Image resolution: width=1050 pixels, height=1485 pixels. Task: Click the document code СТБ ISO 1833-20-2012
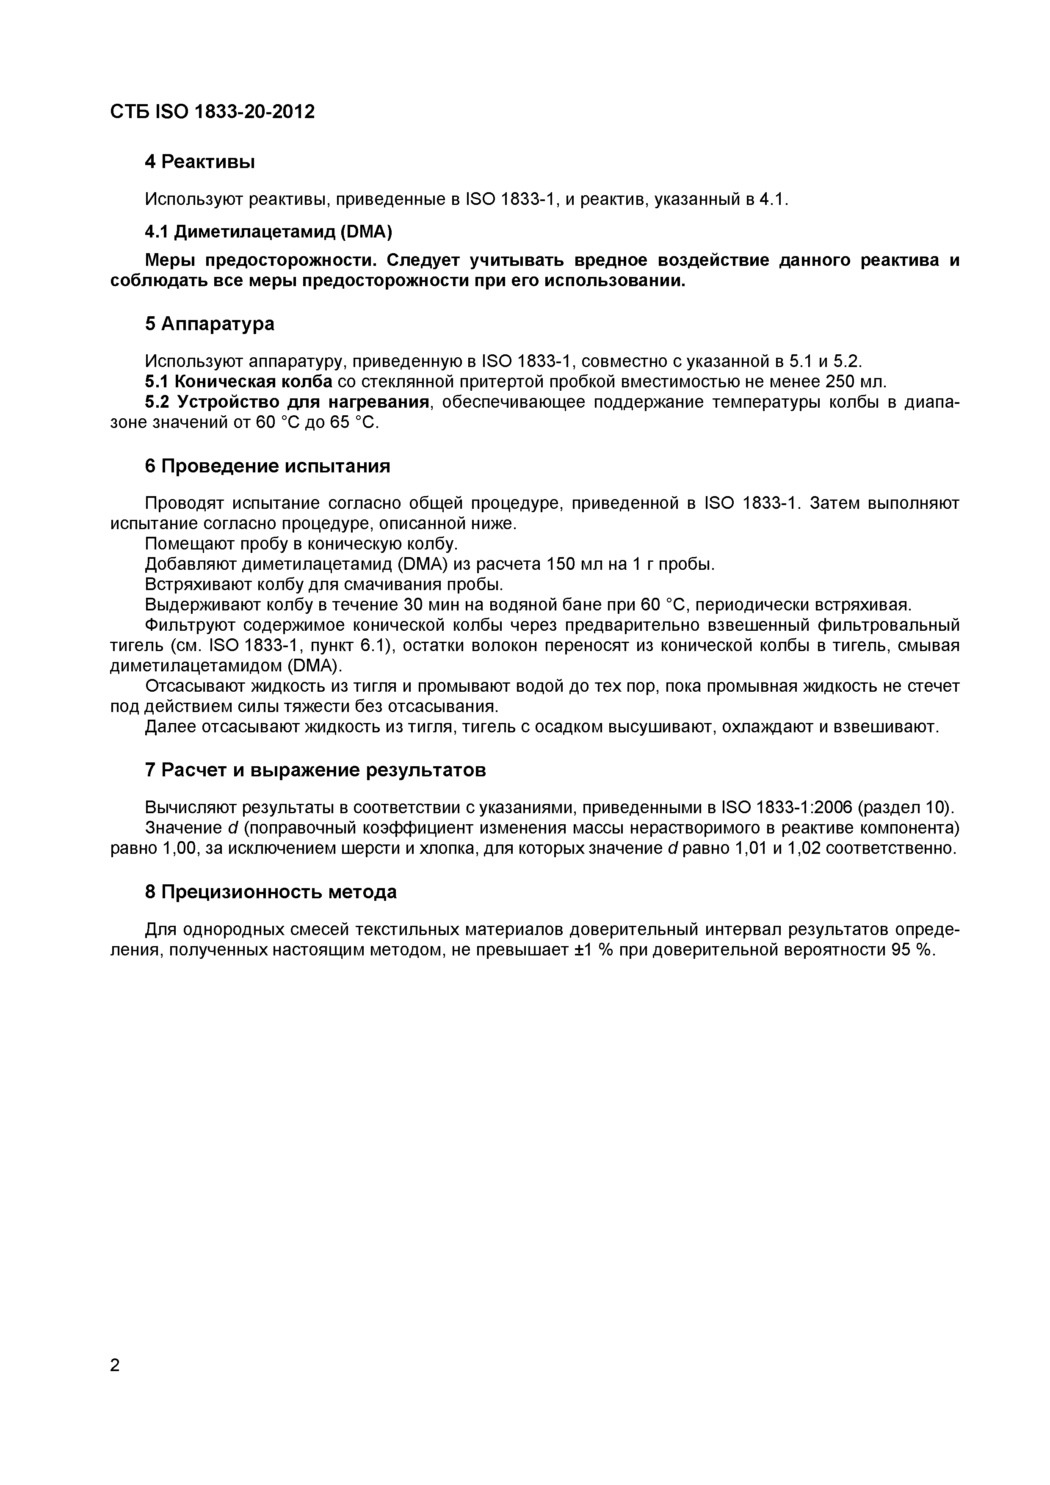pos(212,112)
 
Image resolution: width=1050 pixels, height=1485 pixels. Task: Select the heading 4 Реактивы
pos(199,162)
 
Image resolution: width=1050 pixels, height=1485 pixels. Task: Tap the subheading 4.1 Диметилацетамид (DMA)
pos(268,231)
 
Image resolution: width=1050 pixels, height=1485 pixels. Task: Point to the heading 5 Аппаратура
pos(209,323)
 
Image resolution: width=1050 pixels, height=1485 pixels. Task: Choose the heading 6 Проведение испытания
pos(267,466)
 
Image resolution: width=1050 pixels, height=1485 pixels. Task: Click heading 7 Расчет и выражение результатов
pos(315,770)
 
